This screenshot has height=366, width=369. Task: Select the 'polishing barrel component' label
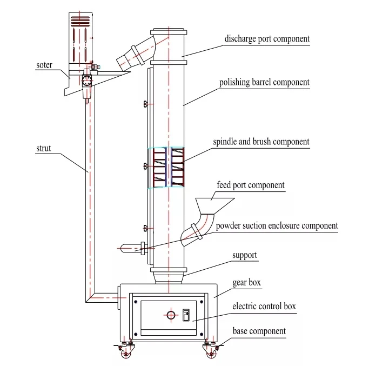pos(264,83)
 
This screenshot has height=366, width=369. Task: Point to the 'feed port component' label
pos(250,185)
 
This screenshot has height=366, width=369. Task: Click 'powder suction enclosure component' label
pos(277,225)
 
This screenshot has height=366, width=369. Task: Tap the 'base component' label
pos(259,331)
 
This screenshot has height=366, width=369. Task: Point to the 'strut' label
pos(44,148)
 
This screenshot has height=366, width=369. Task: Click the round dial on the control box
pos(171,315)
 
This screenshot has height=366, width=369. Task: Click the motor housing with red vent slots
pos(82,38)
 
